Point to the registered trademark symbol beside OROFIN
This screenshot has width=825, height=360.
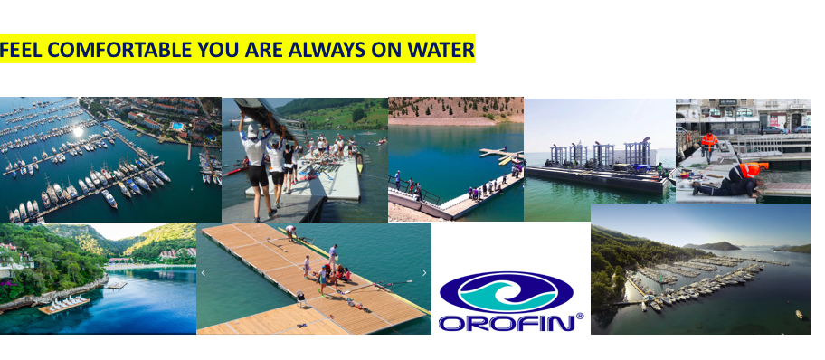pos(580,317)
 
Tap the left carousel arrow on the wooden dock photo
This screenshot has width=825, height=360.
pos(204,272)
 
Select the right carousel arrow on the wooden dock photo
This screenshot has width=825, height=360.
pos(424,272)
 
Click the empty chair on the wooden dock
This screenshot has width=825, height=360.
pos(300,298)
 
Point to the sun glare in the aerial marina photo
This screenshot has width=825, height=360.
pos(78,131)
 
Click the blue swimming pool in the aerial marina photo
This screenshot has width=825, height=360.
pos(178,127)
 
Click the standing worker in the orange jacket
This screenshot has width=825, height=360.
pos(708,146)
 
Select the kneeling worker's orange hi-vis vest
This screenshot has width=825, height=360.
pos(749,169)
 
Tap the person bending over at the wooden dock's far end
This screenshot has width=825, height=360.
pos(291,232)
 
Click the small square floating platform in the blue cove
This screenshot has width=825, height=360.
pos(117,285)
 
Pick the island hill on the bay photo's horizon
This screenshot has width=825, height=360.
pos(712,245)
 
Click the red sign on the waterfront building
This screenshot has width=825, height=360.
pos(773,120)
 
